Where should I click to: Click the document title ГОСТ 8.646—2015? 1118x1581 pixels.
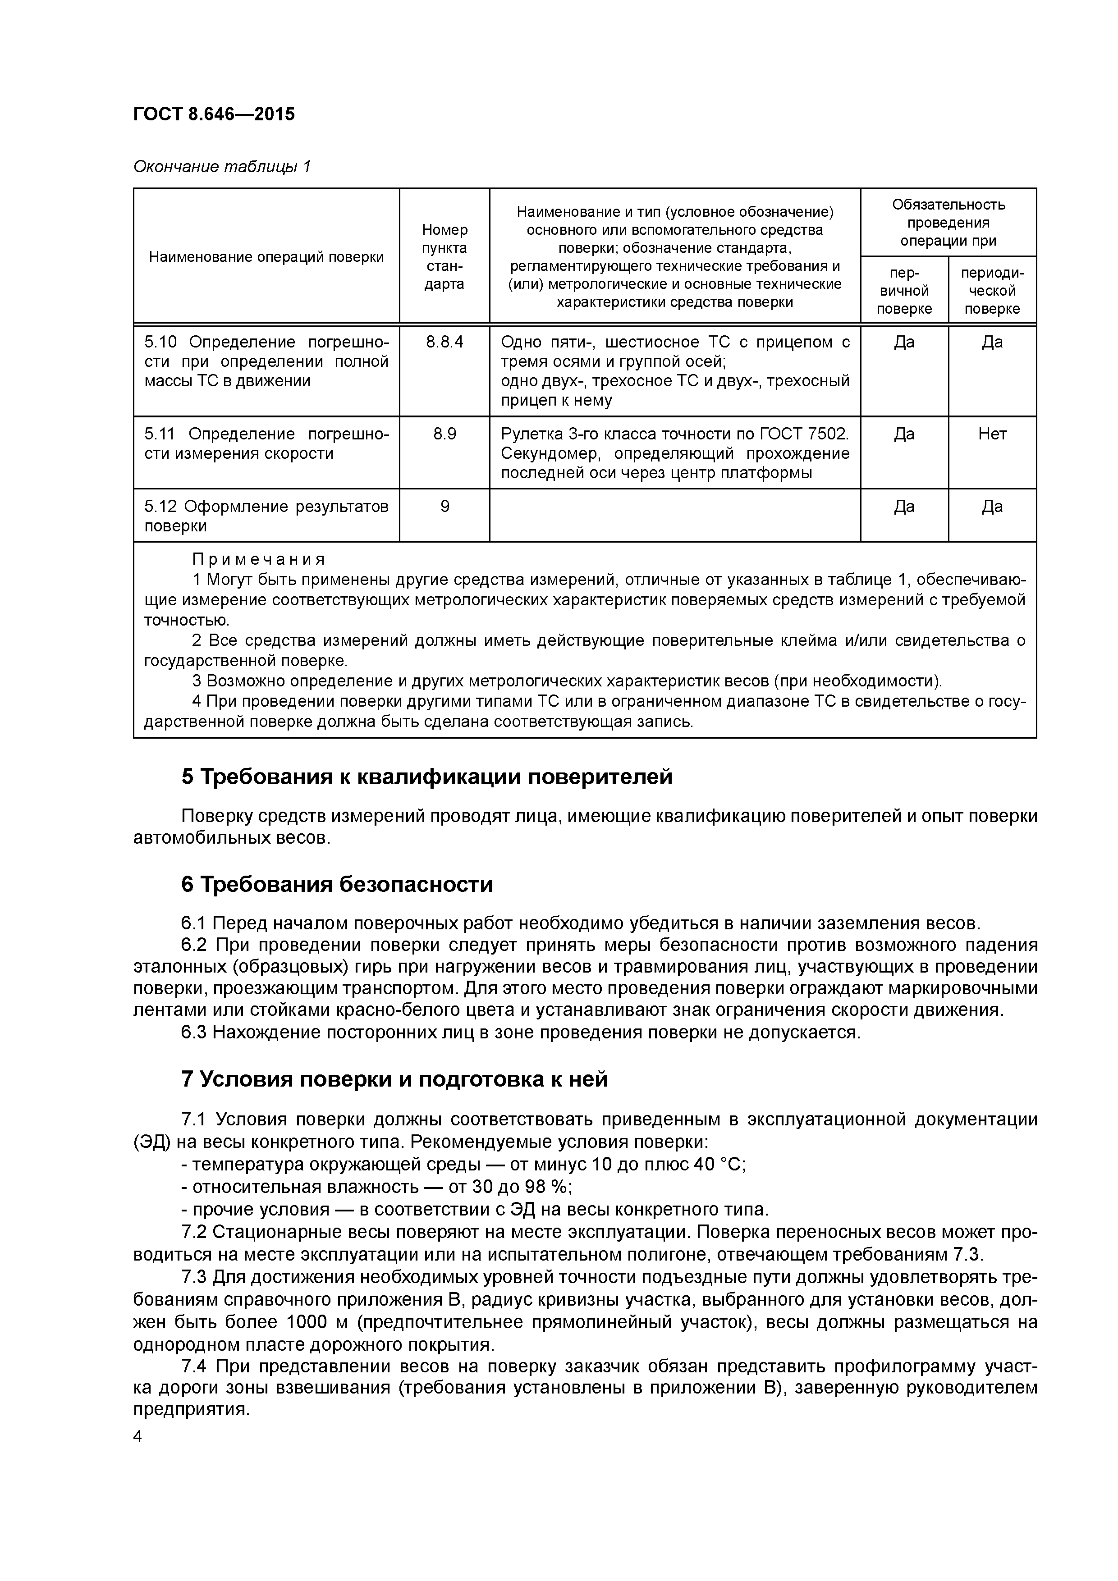click(214, 114)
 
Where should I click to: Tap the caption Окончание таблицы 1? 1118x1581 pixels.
click(222, 167)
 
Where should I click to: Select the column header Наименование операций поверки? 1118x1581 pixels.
click(266, 257)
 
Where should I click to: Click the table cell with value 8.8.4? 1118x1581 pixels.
click(444, 342)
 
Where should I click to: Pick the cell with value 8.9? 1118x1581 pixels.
click(444, 434)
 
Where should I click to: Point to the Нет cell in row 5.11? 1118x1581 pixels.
click(992, 434)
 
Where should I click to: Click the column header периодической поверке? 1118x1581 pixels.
click(992, 291)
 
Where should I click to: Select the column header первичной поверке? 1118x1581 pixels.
click(904, 291)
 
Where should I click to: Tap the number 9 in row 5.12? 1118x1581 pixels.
click(444, 507)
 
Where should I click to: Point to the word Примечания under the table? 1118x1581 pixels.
click(258, 559)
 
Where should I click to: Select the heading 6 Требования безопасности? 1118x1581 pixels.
click(337, 884)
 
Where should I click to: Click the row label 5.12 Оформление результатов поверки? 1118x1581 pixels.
click(266, 516)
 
